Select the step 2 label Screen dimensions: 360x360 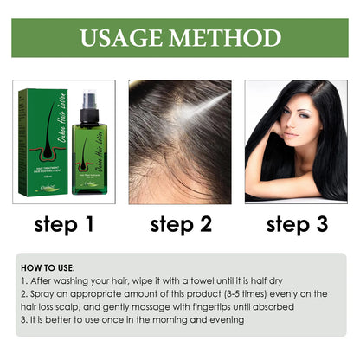[181, 225]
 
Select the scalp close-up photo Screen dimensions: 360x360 [180, 142]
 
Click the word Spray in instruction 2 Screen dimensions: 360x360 [49, 294]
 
